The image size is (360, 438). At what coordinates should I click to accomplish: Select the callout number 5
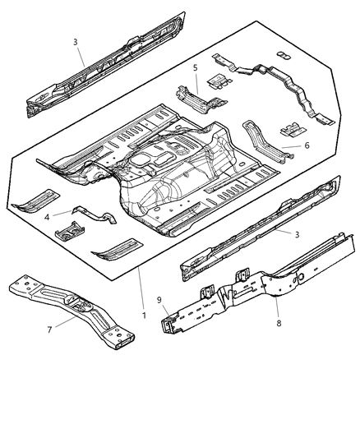coord(195,67)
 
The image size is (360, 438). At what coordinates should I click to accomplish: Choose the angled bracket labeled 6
coord(261,140)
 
